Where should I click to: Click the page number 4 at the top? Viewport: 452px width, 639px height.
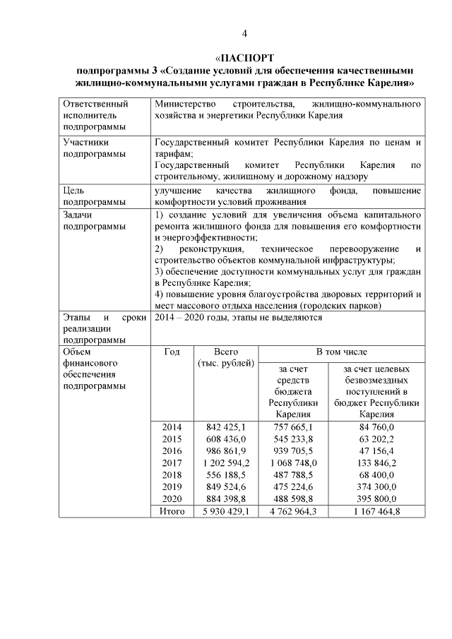coord(244,32)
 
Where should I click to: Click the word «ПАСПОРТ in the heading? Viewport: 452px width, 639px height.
coord(244,57)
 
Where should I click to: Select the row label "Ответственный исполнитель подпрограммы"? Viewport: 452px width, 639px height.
coord(90,115)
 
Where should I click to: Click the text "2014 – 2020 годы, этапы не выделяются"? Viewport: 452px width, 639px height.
coord(238,317)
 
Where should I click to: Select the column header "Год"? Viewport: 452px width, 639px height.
coord(172,351)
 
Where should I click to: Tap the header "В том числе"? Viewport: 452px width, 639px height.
coord(341,351)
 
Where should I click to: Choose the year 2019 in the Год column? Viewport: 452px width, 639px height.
coord(172,486)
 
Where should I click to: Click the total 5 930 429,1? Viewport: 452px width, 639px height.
coord(225,511)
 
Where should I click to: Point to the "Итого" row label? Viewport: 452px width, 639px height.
coord(172,511)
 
